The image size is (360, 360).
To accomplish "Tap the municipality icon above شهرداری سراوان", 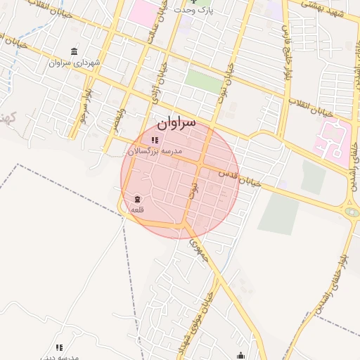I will (x=75, y=51).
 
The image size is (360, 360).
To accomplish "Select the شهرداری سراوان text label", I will (x=75, y=63).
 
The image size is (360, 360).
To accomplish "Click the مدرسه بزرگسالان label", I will (x=155, y=151).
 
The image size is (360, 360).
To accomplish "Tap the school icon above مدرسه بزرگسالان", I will (x=155, y=141).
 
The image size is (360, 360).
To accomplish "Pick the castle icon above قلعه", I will (x=136, y=200).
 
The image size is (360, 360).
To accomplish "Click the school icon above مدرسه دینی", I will (x=60, y=347).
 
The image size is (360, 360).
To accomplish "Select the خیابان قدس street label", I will (x=239, y=176).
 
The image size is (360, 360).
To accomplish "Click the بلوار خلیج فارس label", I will (x=288, y=42).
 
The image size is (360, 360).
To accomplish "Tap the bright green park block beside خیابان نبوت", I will (x=204, y=80).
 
